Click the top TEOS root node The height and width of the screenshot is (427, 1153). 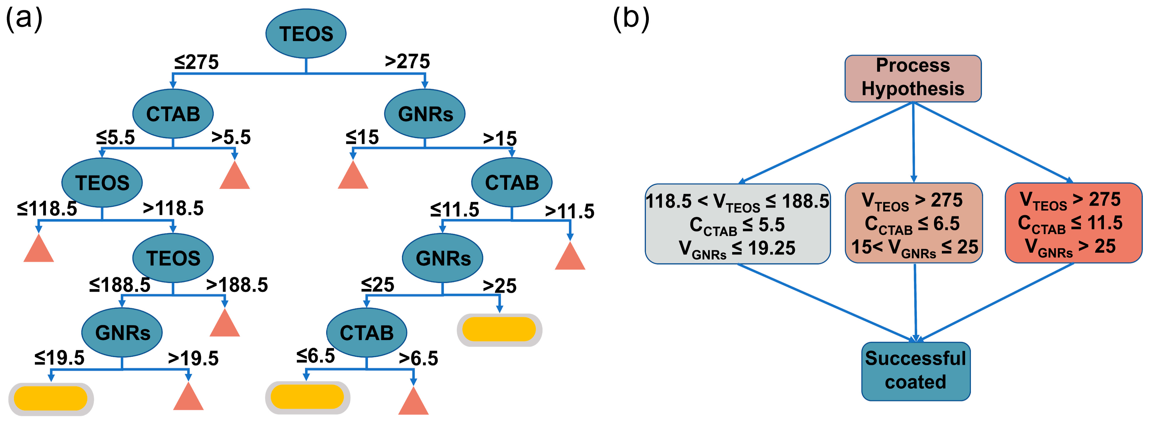pyautogui.click(x=306, y=34)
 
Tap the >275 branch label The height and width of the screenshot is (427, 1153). pyautogui.click(x=407, y=61)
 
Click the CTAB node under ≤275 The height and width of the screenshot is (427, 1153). pyautogui.click(x=173, y=114)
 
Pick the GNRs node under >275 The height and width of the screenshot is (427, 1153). pyautogui.click(x=425, y=114)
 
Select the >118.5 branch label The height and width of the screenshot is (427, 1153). pyautogui.click(x=173, y=208)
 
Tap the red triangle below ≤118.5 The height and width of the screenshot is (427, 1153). pyautogui.click(x=39, y=249)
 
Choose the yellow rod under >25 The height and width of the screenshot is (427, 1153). pyautogui.click(x=499, y=330)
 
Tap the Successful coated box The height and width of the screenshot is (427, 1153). pyautogui.click(x=915, y=371)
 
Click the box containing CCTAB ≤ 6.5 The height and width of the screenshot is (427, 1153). pyautogui.click(x=913, y=223)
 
